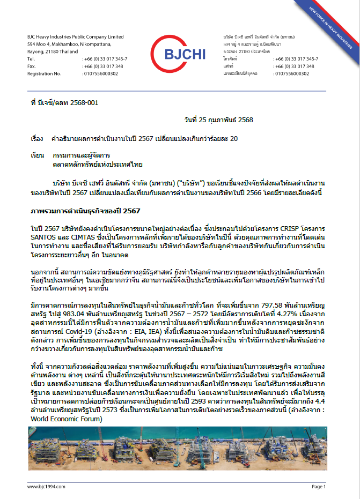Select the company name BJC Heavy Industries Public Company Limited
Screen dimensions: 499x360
coord(75,36)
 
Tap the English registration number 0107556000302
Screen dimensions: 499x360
coord(100,73)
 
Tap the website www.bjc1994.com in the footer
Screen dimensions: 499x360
coord(46,486)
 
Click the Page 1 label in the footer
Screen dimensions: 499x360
coord(318,486)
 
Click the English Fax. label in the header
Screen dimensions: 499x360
coord(31,66)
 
